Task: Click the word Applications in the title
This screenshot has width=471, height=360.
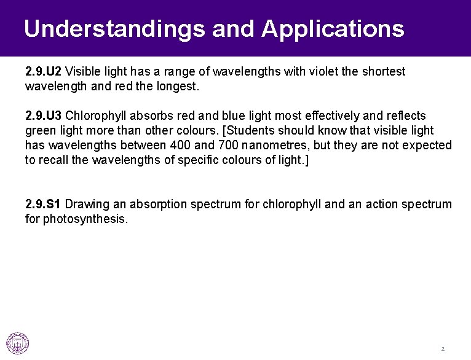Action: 332,29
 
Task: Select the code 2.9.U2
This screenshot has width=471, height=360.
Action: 44,72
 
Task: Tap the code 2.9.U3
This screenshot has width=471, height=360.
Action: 44,116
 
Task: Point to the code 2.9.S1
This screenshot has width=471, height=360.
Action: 44,204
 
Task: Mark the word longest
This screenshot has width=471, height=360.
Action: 178,87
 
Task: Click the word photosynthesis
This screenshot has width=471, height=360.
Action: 85,219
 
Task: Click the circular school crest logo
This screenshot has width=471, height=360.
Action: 18,343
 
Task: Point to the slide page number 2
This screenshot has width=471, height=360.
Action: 442,349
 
